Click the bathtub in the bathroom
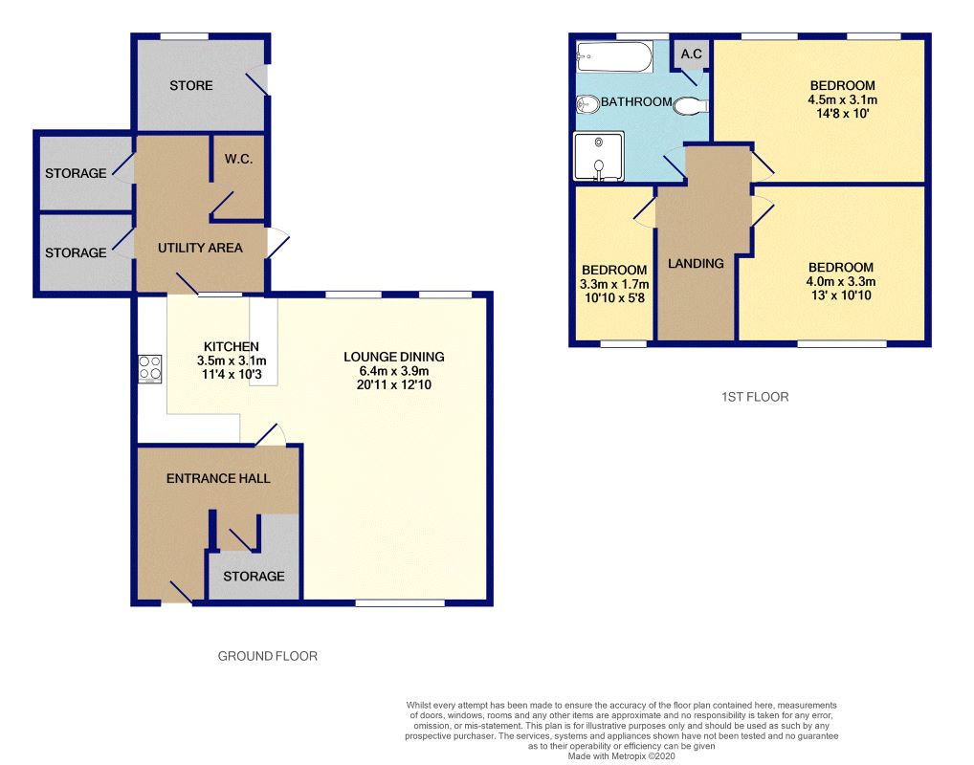[614, 56]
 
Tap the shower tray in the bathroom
[599, 156]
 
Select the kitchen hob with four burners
[149, 368]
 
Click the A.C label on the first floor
[692, 54]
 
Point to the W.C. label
[238, 159]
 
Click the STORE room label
[191, 86]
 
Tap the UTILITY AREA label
[200, 248]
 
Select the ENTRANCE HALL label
[218, 478]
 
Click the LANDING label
[696, 263]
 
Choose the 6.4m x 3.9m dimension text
[394, 371]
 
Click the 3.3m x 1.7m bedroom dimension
[614, 284]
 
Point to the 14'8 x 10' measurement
[842, 114]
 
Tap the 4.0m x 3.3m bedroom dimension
[841, 281]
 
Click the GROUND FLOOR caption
[268, 656]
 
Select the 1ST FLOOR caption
[755, 397]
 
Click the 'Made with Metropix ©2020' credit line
[621, 756]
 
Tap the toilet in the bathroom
[690, 106]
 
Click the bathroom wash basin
[587, 103]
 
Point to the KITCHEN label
[232, 346]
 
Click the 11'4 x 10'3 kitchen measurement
[232, 375]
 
